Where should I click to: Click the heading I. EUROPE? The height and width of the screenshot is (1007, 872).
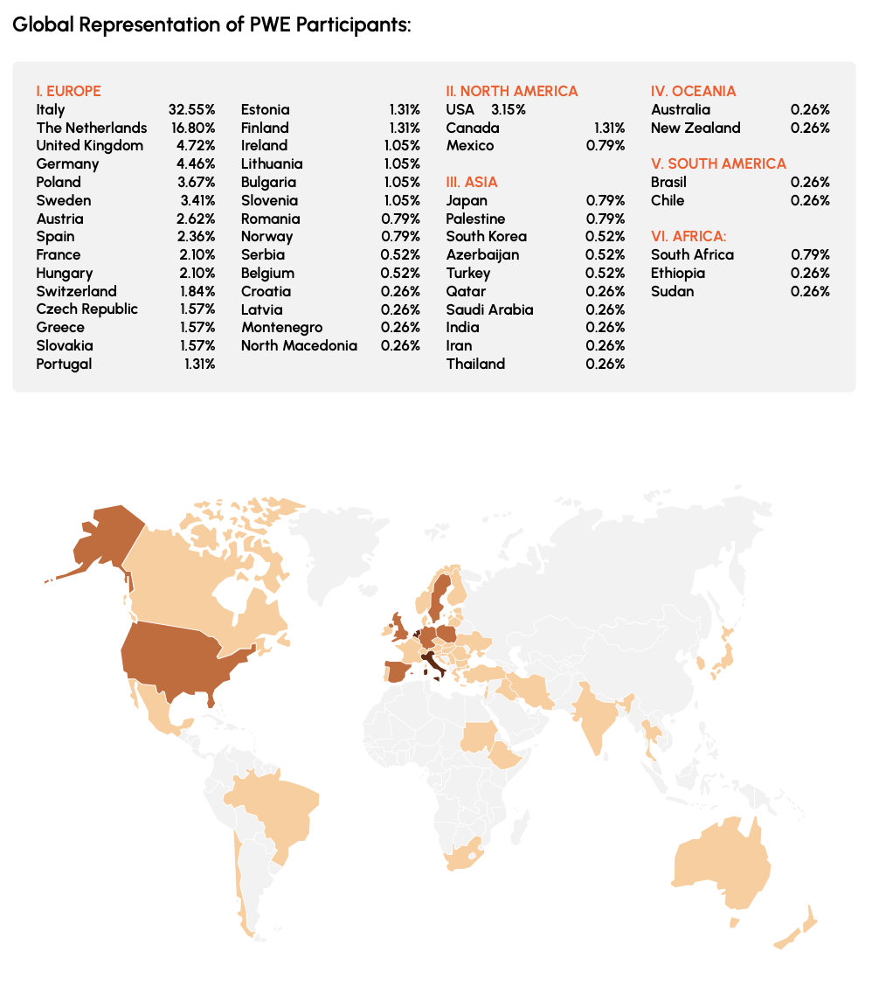click(68, 91)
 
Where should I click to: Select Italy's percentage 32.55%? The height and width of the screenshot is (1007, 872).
click(191, 109)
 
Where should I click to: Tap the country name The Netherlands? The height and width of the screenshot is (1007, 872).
click(92, 128)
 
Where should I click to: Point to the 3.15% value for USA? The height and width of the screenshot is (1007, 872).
click(508, 109)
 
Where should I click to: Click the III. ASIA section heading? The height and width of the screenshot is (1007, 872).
click(472, 182)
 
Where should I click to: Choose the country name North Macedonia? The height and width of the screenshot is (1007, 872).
click(299, 345)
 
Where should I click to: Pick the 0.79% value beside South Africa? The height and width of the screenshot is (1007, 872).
click(810, 254)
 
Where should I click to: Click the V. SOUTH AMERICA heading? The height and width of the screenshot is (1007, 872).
click(718, 163)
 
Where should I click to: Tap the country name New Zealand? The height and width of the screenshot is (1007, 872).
click(696, 128)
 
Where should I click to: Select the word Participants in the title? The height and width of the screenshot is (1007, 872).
click(353, 24)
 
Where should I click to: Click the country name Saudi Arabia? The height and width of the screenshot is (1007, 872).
click(489, 309)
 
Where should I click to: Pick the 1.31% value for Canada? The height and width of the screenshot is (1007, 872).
click(609, 128)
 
